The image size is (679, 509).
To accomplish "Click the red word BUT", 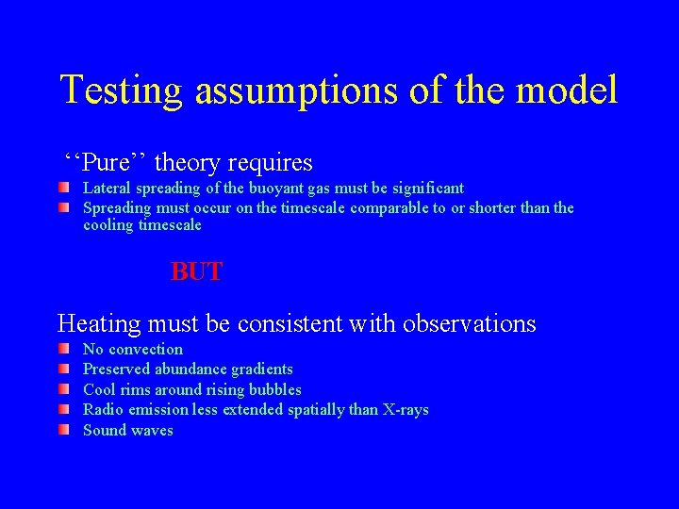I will pos(196,272).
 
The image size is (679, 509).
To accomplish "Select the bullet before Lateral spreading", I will pos(62,189).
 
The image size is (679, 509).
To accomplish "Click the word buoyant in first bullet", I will pos(273,189).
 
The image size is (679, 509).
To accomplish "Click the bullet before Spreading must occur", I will pos(62,207).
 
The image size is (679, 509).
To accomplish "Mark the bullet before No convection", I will pos(62,350).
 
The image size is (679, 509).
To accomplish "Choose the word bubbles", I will pos(274,389).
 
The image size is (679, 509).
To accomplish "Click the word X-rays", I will pos(405,410).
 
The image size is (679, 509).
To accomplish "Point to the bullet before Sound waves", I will pos(62,430).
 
